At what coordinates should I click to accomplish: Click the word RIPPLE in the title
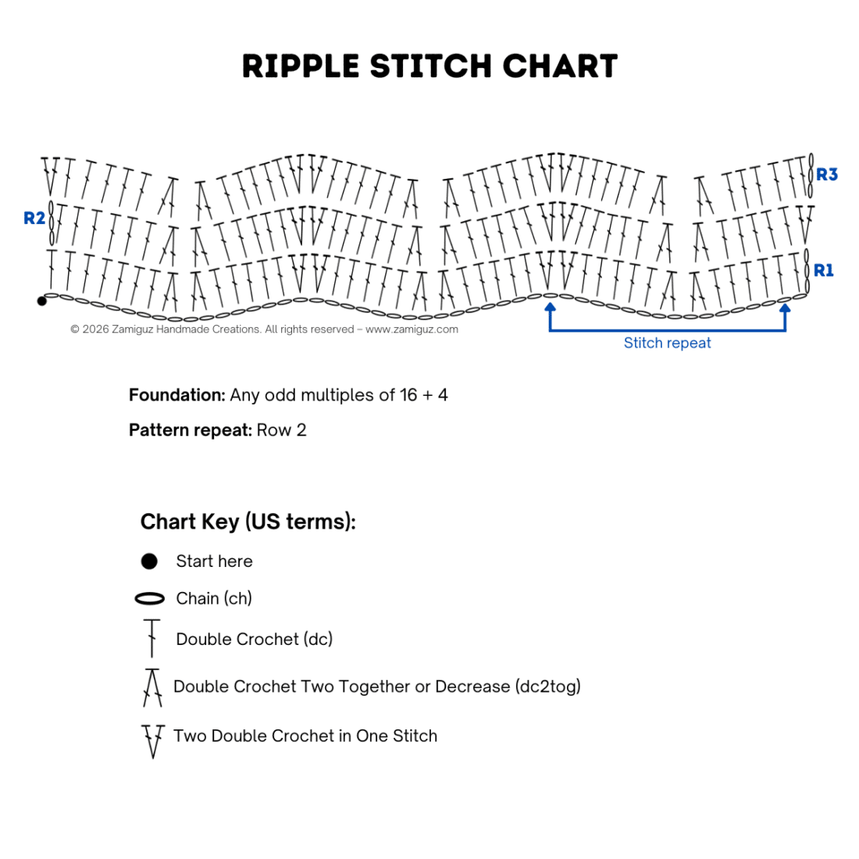click(x=300, y=66)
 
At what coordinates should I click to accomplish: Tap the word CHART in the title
click(x=560, y=66)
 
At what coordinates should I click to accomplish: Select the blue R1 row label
click(x=823, y=270)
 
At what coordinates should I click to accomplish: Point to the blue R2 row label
click(x=34, y=218)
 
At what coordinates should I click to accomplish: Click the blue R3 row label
click(x=827, y=174)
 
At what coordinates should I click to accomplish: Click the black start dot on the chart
click(x=41, y=301)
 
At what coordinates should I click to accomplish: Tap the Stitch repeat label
click(x=667, y=343)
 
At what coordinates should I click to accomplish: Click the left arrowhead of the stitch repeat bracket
click(x=550, y=308)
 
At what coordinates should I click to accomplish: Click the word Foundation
click(x=177, y=395)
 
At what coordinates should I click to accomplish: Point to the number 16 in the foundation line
click(x=408, y=395)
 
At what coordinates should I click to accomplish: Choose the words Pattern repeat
click(x=190, y=430)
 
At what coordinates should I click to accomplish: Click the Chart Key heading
click(x=248, y=522)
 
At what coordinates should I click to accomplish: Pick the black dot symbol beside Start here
click(x=149, y=561)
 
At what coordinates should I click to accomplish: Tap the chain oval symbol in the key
click(x=150, y=599)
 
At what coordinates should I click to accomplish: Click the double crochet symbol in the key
click(x=151, y=638)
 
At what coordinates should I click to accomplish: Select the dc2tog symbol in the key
click(x=152, y=687)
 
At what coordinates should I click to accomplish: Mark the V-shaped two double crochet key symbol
click(x=153, y=741)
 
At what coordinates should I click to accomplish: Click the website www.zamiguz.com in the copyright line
click(x=412, y=330)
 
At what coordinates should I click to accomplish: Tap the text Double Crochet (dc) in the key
click(x=255, y=640)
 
